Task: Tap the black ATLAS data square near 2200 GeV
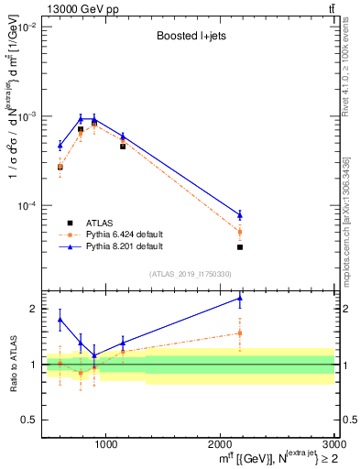(240, 247)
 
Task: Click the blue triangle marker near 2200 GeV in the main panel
(240, 215)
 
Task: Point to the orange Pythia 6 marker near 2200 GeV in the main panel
(240, 232)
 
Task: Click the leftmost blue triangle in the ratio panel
(60, 320)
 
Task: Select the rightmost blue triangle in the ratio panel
(240, 298)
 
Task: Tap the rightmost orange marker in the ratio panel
(240, 333)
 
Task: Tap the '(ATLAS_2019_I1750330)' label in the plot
(190, 274)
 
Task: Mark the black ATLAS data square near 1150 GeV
(123, 146)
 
